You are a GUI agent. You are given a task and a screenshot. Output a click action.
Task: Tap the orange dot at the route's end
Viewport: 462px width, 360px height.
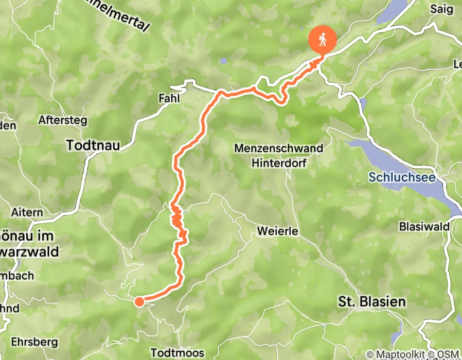point(139,301)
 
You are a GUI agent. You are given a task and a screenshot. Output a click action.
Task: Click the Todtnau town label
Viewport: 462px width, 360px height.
point(93,146)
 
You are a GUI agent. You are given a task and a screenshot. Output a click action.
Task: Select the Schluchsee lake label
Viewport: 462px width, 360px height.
point(402,178)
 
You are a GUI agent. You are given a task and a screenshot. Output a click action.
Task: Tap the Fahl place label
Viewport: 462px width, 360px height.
point(169,98)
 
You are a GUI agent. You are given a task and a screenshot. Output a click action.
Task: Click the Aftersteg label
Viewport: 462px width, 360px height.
point(63,121)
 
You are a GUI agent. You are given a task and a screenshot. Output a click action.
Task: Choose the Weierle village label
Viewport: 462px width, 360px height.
point(279,231)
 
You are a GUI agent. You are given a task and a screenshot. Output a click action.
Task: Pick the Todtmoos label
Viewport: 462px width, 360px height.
point(180,353)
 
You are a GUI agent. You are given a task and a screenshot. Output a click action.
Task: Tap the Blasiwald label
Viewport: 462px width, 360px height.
point(421,227)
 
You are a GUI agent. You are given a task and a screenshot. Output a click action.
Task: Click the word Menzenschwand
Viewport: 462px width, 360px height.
point(279,149)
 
